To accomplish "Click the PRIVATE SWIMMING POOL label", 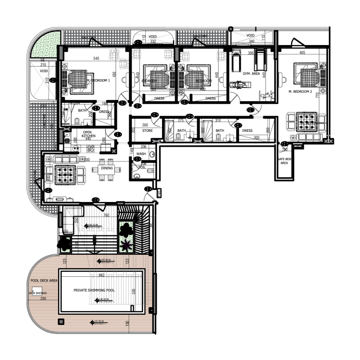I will pyautogui.click(x=94, y=290).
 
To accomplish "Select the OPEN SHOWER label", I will pyautogui.click(x=38, y=293).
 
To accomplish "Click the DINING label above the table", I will pyautogui.click(x=107, y=168).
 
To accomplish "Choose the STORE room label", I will pyautogui.click(x=147, y=130).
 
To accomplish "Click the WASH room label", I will pyautogui.click(x=141, y=153).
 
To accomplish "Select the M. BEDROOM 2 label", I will pyautogui.click(x=300, y=91).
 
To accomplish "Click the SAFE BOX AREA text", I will pyautogui.click(x=284, y=161).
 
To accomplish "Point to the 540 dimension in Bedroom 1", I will pyautogui.click(x=96, y=58).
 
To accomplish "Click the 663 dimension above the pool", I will pyautogui.click(x=101, y=274).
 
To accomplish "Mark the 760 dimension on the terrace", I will pyautogui.click(x=106, y=215).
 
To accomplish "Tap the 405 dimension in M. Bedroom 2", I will pyautogui.click(x=302, y=53).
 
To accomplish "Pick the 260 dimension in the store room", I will pyautogui.click(x=145, y=125).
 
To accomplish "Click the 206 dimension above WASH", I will pyautogui.click(x=144, y=147).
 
